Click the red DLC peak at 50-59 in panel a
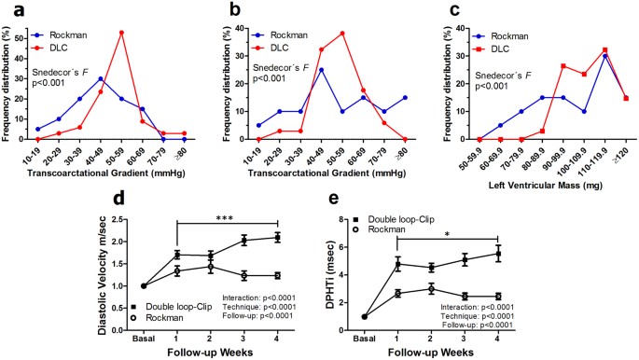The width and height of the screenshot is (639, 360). click(121, 33)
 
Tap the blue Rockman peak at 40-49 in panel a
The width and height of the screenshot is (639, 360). click(100, 78)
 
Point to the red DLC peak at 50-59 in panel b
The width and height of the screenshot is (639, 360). click(343, 34)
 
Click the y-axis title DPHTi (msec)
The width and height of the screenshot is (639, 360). click(343, 271)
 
